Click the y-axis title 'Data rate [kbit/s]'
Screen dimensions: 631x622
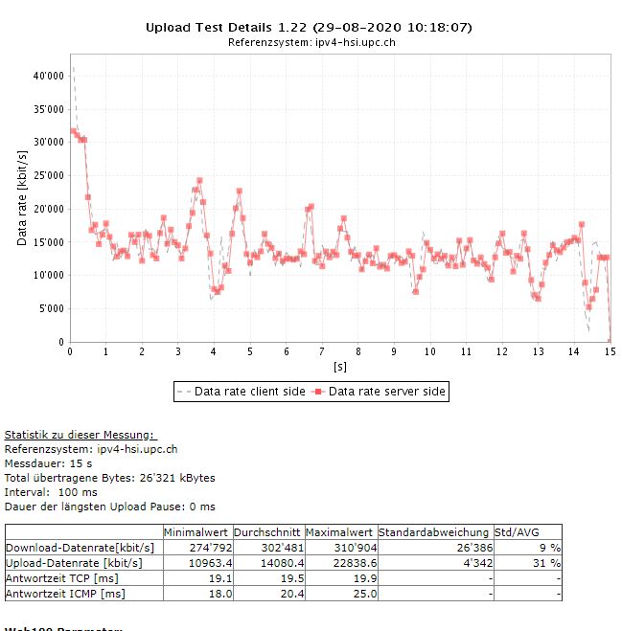(22, 192)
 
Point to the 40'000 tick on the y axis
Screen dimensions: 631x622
(47, 75)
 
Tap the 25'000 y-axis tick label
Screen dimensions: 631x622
(47, 175)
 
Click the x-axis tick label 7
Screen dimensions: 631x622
(322, 351)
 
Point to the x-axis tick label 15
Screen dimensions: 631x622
(609, 351)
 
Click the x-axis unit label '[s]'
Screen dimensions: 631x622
(339, 366)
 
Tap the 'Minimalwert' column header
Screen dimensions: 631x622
(196, 531)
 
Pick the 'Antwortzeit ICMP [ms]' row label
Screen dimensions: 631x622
(65, 595)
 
